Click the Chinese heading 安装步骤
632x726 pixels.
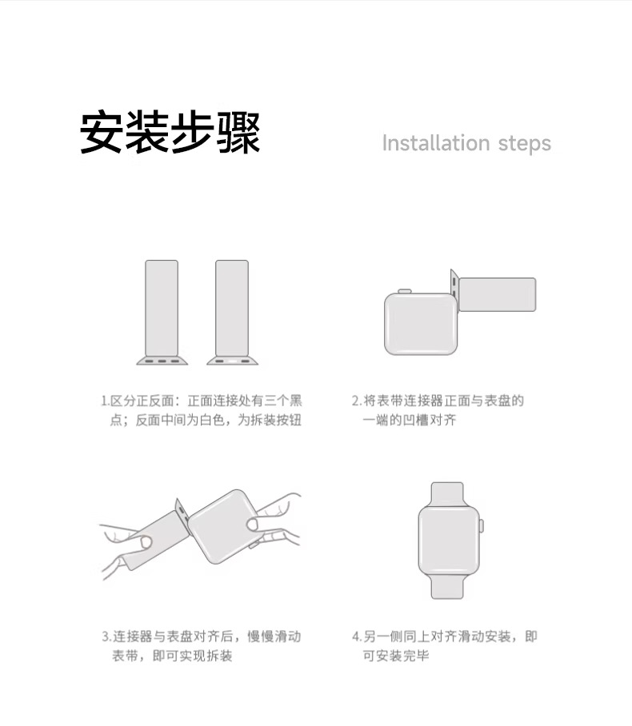pos(170,133)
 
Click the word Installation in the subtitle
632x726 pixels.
pos(436,142)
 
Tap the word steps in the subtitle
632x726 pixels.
pos(525,144)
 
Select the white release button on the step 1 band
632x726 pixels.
pos(232,361)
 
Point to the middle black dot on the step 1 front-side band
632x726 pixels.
pos(162,361)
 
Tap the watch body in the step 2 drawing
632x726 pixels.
pos(421,324)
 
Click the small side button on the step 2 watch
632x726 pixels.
pos(405,291)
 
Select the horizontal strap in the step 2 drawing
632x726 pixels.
pos(497,294)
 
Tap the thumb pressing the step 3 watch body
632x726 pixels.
pos(253,525)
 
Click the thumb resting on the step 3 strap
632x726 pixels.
pos(146,542)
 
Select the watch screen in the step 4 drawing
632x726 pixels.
pos(449,541)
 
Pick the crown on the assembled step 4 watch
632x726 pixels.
pos(482,525)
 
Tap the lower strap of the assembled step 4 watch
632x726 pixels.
pos(447,586)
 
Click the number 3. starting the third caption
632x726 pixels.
pos(106,636)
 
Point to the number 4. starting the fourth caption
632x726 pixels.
pos(357,636)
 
